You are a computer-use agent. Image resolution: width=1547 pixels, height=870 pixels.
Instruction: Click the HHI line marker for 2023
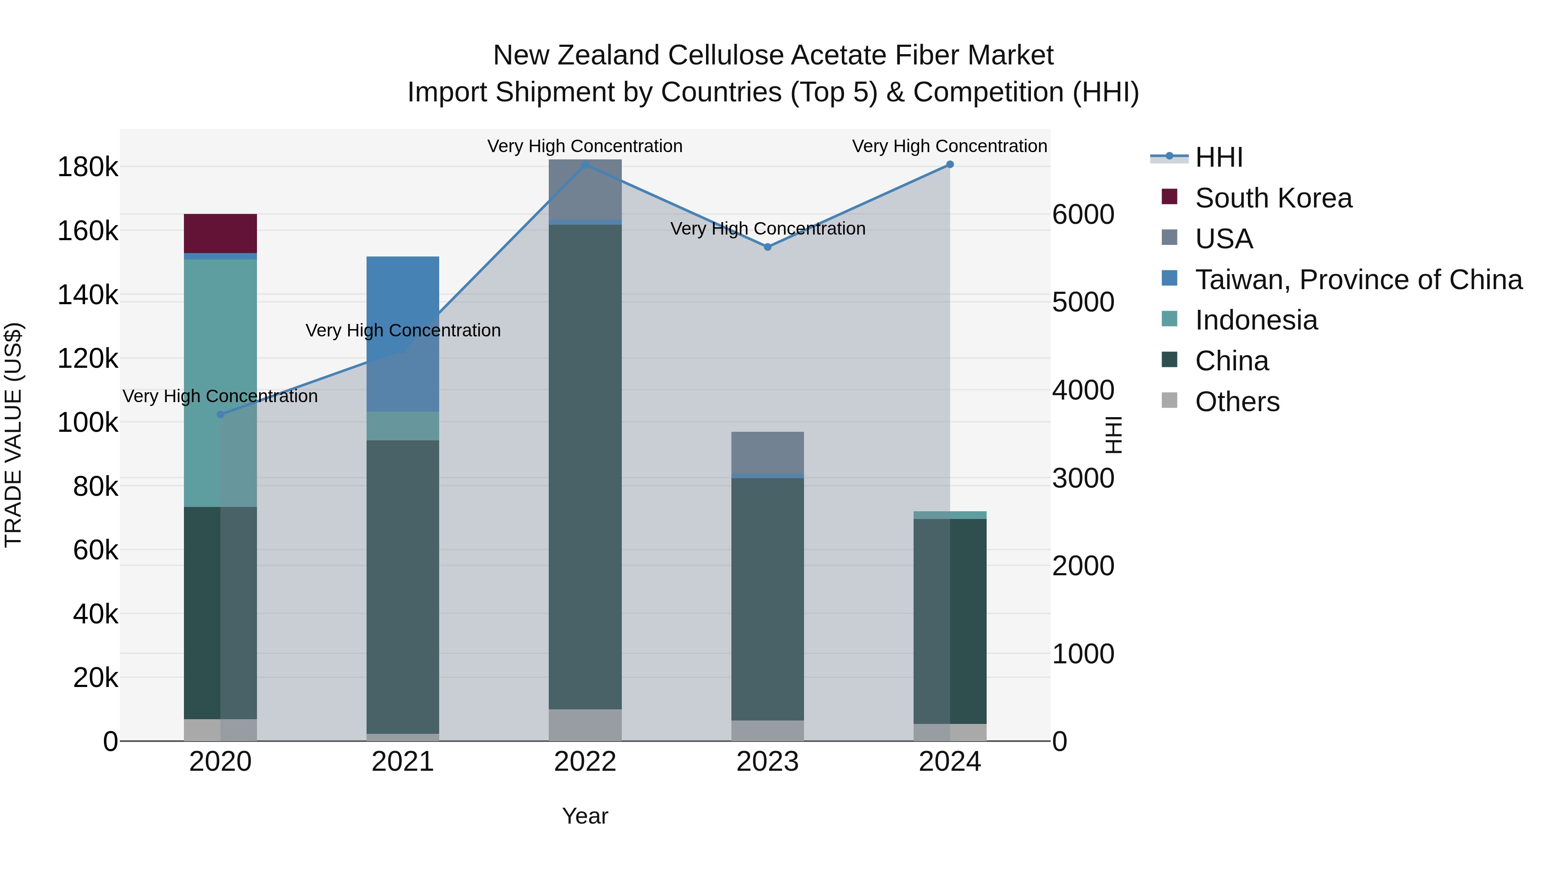[767, 247]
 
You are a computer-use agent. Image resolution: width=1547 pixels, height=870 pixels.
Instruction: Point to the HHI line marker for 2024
[949, 165]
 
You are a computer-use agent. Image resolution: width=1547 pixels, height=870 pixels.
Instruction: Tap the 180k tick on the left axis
[88, 167]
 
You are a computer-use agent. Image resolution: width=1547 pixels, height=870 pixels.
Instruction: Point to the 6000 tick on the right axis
[1083, 214]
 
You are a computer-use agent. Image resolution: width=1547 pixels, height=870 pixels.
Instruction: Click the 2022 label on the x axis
[584, 762]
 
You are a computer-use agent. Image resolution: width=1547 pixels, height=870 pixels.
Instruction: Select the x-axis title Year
[584, 816]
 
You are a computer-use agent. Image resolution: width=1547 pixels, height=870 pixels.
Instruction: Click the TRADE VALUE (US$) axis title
[13, 435]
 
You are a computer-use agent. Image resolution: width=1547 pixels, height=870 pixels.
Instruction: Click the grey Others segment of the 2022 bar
[584, 725]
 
